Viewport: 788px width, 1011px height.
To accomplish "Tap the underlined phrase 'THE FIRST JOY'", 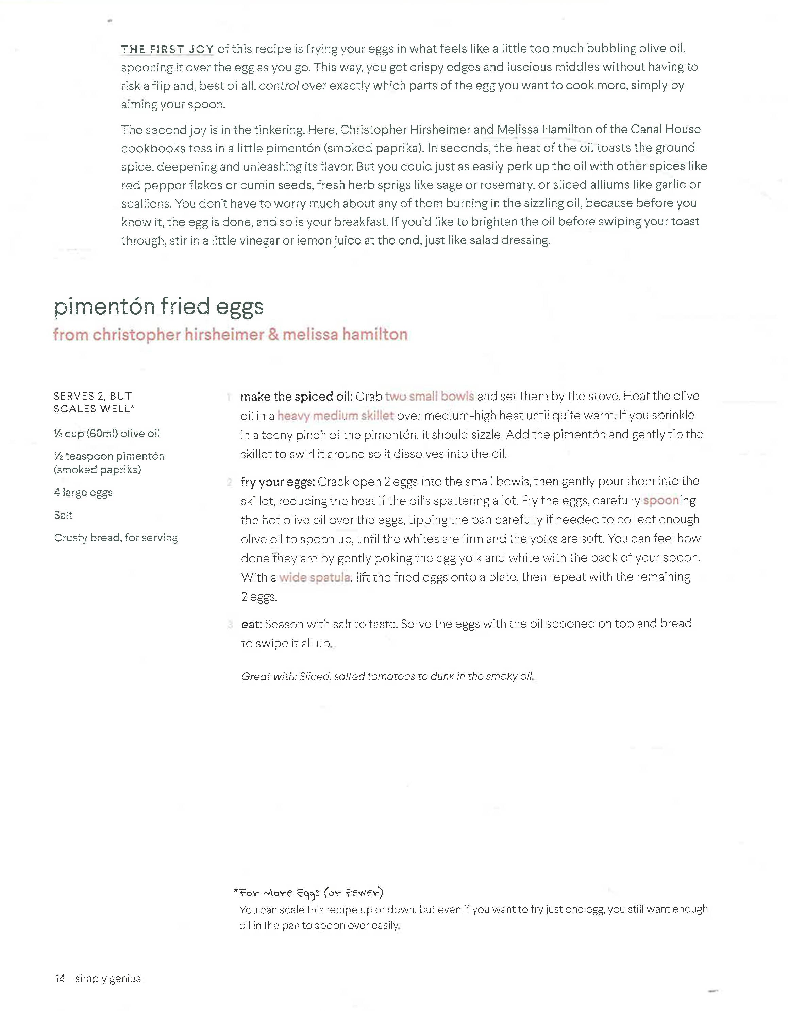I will [167, 49].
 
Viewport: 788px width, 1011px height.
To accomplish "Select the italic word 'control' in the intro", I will [279, 86].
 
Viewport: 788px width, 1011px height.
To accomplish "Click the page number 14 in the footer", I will [60, 978].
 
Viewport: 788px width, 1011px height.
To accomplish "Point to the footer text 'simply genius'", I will [107, 978].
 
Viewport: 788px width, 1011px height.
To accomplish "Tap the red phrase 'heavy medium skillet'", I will [335, 416].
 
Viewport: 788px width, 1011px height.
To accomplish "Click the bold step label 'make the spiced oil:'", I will [296, 397].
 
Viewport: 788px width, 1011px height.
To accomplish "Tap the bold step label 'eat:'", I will [251, 624].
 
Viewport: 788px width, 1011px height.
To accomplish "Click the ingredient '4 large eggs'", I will [83, 492].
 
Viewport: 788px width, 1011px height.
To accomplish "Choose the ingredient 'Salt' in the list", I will [64, 515].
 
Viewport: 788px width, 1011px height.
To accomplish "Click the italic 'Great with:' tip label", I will [269, 676].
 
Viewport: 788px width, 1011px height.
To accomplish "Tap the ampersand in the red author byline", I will [273, 334].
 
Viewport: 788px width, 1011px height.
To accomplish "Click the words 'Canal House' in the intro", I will [659, 129].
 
